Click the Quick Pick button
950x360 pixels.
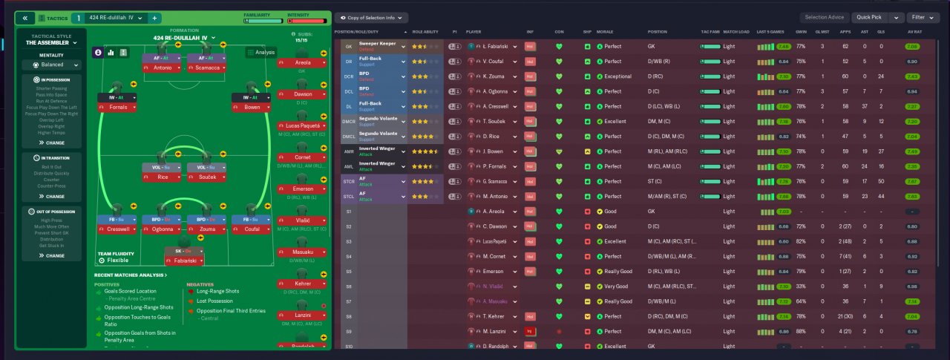click(x=869, y=17)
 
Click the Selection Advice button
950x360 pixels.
click(x=825, y=17)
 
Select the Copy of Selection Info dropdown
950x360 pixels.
click(x=371, y=17)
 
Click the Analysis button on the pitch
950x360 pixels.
click(x=261, y=52)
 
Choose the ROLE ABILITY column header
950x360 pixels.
click(x=426, y=32)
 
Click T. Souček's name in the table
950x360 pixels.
click(x=496, y=121)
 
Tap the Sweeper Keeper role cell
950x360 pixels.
click(x=379, y=46)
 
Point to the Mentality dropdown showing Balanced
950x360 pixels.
click(x=52, y=65)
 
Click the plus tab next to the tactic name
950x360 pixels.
click(x=154, y=17)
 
